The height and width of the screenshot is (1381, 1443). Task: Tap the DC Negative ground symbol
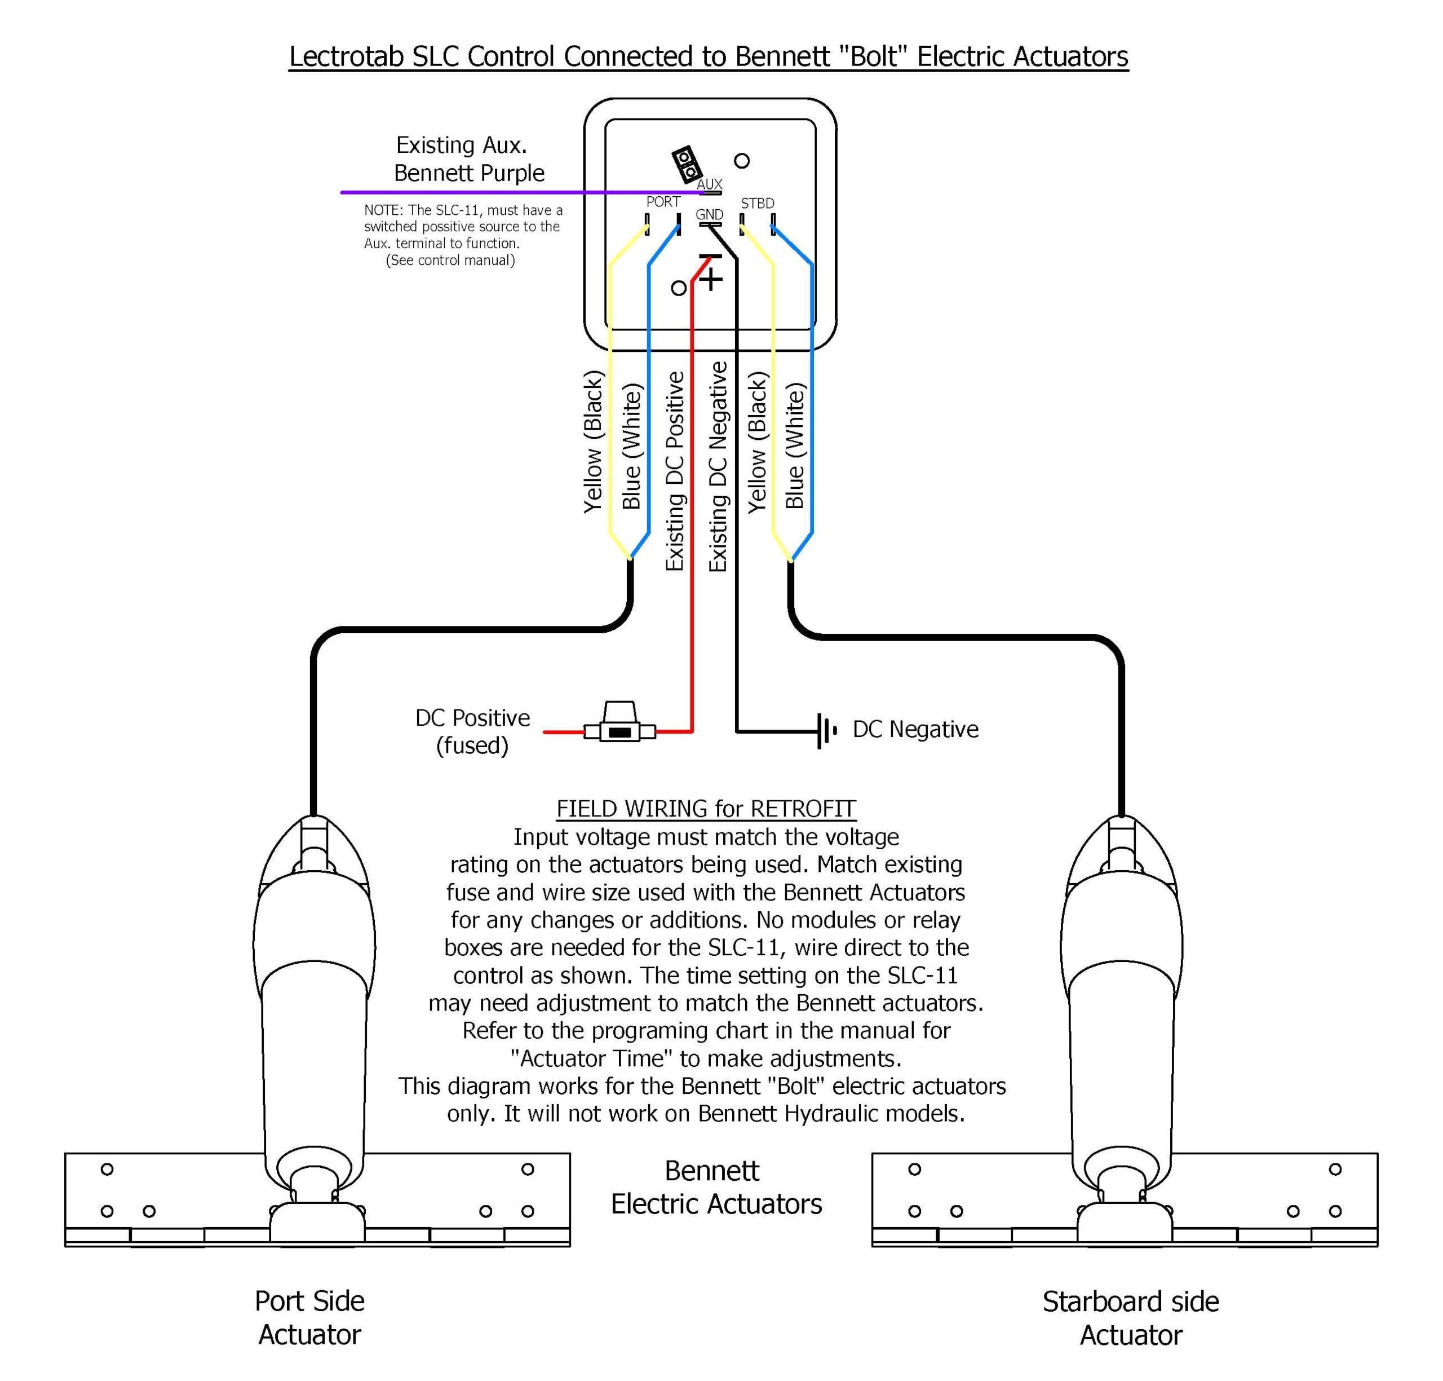(x=826, y=730)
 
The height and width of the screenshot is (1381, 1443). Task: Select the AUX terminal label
(x=709, y=184)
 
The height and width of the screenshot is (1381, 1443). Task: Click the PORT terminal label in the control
(x=663, y=202)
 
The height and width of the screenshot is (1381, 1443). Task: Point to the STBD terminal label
(x=757, y=203)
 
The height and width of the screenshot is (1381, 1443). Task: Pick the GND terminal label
(x=709, y=215)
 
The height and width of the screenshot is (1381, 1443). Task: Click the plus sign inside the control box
(x=711, y=279)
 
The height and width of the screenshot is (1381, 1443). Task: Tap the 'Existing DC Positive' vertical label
(x=675, y=471)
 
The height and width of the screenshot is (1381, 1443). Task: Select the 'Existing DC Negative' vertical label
(x=718, y=467)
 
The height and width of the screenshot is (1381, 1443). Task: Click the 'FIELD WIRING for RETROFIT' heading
(x=706, y=808)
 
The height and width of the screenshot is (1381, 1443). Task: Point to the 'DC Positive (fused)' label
(x=472, y=731)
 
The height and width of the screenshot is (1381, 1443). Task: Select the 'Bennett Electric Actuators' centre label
(x=715, y=1188)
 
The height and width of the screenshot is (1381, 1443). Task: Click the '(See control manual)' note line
(x=450, y=261)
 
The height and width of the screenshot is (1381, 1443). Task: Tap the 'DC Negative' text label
(x=915, y=729)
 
